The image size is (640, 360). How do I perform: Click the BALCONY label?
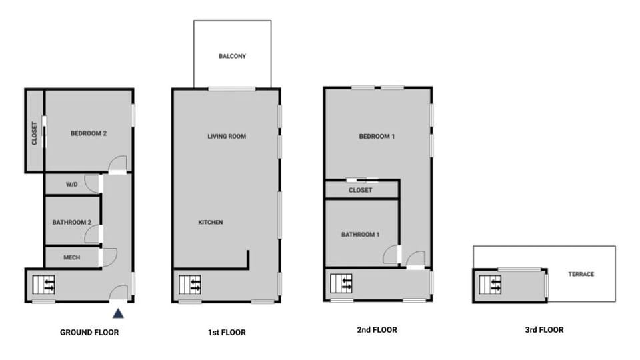(x=232, y=56)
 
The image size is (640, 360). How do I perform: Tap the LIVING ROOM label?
(x=227, y=137)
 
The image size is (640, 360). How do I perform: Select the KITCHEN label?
(x=210, y=222)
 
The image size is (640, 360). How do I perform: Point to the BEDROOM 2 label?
(x=89, y=133)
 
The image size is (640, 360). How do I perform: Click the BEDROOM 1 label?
(x=377, y=137)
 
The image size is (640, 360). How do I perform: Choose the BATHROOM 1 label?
(x=360, y=235)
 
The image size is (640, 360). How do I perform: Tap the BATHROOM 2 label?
(x=71, y=222)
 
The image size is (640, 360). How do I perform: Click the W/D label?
(x=72, y=184)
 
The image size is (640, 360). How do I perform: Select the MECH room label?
(x=72, y=257)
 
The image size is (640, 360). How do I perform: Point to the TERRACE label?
(x=581, y=274)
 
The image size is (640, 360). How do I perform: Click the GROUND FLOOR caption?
(x=89, y=332)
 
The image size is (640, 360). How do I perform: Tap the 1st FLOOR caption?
(x=227, y=332)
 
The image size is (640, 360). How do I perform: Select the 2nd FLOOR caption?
(x=378, y=329)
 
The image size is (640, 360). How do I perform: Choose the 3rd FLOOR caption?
(x=544, y=329)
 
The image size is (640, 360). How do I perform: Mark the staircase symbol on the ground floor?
(x=45, y=285)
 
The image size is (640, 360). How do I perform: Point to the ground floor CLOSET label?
(x=35, y=133)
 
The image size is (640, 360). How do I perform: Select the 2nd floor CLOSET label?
(x=361, y=191)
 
